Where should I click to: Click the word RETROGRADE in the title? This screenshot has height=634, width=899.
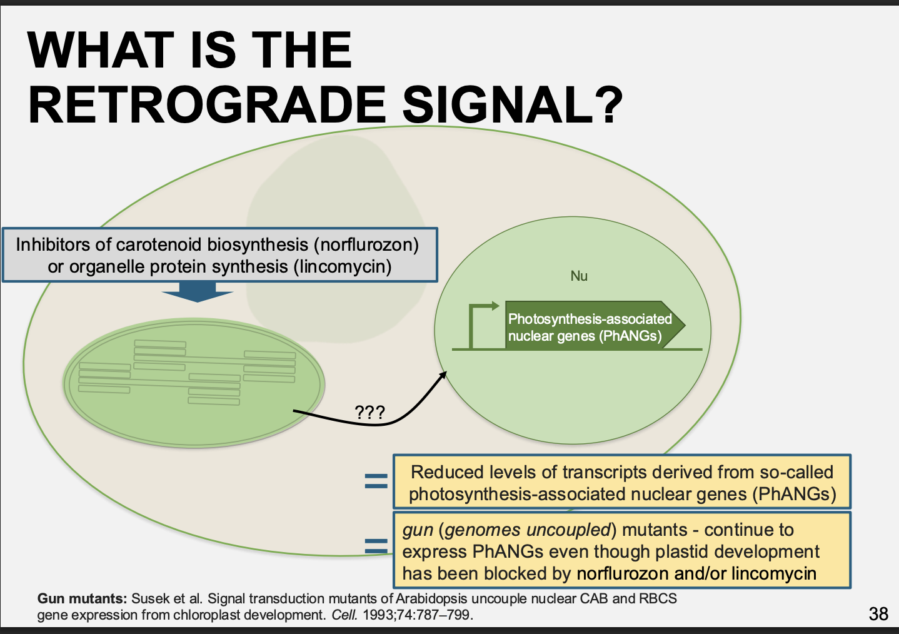(x=207, y=105)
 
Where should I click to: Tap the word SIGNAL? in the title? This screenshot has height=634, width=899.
(x=513, y=105)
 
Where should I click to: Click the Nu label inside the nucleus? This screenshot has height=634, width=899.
(x=579, y=276)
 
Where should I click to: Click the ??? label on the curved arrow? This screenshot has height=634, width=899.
(x=369, y=412)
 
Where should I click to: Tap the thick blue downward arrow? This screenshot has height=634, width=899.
(x=198, y=292)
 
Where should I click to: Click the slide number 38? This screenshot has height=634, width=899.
(x=878, y=614)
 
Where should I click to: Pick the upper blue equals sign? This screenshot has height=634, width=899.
(x=376, y=481)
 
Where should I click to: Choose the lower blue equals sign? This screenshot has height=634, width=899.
(x=376, y=546)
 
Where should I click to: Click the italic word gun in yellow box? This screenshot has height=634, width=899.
(x=418, y=530)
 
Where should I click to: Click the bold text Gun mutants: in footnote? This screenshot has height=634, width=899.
(x=83, y=599)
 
